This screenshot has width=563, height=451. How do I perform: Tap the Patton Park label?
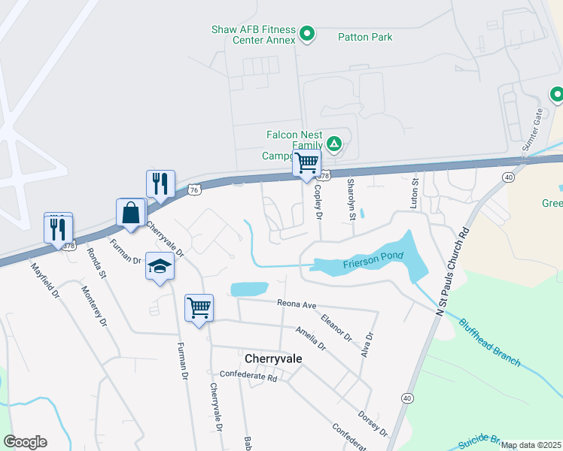(365, 37)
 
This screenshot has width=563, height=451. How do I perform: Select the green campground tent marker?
(334, 144)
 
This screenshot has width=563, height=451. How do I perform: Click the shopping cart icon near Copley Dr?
(306, 162)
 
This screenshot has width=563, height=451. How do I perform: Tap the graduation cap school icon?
(160, 265)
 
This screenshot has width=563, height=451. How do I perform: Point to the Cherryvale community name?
(274, 359)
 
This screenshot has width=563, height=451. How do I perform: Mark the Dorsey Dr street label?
(373, 423)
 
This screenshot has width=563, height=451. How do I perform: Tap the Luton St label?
(414, 193)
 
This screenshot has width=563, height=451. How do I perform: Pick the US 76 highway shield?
(194, 190)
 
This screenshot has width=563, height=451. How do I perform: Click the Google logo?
(25, 442)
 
